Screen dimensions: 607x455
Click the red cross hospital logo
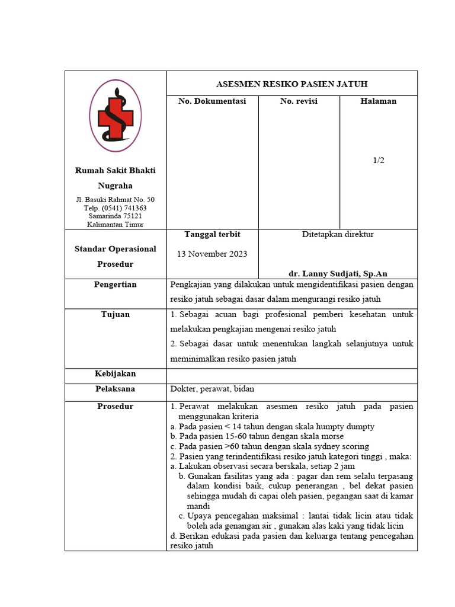115,116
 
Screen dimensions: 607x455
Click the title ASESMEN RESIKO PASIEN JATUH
291,84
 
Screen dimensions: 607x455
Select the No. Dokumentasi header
212,101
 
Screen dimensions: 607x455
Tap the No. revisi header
299,101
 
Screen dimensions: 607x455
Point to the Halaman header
378,101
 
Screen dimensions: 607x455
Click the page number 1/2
379,160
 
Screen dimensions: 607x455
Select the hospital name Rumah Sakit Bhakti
115,171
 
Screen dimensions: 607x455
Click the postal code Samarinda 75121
115,216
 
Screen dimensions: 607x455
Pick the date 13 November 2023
212,254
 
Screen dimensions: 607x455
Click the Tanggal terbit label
212,235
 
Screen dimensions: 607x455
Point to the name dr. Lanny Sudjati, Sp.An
338,274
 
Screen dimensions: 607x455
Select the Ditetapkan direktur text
338,235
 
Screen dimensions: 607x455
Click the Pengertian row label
115,285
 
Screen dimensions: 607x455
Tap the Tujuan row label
115,314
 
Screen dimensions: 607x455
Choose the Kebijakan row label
115,374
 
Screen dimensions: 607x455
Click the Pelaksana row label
115,389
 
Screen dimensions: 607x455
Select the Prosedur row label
115,407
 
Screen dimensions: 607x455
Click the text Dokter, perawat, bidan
212,389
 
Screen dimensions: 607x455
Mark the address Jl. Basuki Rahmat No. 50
115,200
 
